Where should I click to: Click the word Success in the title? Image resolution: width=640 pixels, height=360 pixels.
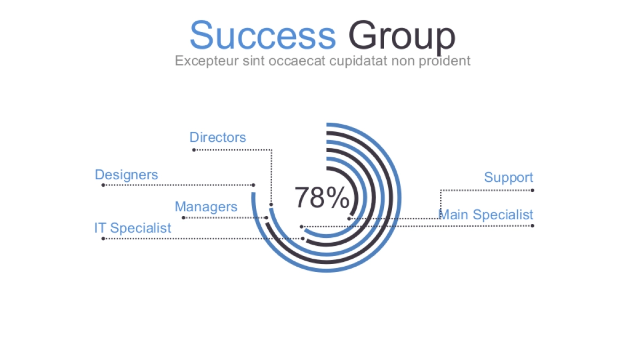pos(262,35)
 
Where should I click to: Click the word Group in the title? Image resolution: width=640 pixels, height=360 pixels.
pos(402,37)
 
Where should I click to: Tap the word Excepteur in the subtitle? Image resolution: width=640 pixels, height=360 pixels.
pos(206,61)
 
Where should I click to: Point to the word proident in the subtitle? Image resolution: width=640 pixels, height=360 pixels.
pos(445,61)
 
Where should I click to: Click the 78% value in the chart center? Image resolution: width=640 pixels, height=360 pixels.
pos(322,197)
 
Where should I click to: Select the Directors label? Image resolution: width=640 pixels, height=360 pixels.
pos(218,138)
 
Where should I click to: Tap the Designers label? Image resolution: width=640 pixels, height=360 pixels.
pos(126,175)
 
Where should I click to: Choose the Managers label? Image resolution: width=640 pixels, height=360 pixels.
pos(206,207)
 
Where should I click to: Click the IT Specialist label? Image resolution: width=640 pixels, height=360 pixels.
pos(133,228)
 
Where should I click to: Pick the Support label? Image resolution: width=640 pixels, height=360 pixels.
pos(509,178)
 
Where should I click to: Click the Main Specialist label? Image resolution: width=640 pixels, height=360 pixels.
pos(486,214)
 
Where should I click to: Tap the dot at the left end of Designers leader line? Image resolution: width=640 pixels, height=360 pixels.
pos(103,185)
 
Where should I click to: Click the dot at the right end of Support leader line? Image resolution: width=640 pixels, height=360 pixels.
pos(532,190)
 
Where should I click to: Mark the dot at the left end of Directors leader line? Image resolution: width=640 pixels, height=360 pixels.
pos(194,150)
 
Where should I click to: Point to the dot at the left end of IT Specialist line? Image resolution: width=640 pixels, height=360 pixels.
pos(103,238)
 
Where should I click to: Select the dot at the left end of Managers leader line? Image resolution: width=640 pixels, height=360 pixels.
pos(183,218)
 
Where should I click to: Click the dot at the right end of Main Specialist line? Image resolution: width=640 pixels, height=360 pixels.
pos(532,226)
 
